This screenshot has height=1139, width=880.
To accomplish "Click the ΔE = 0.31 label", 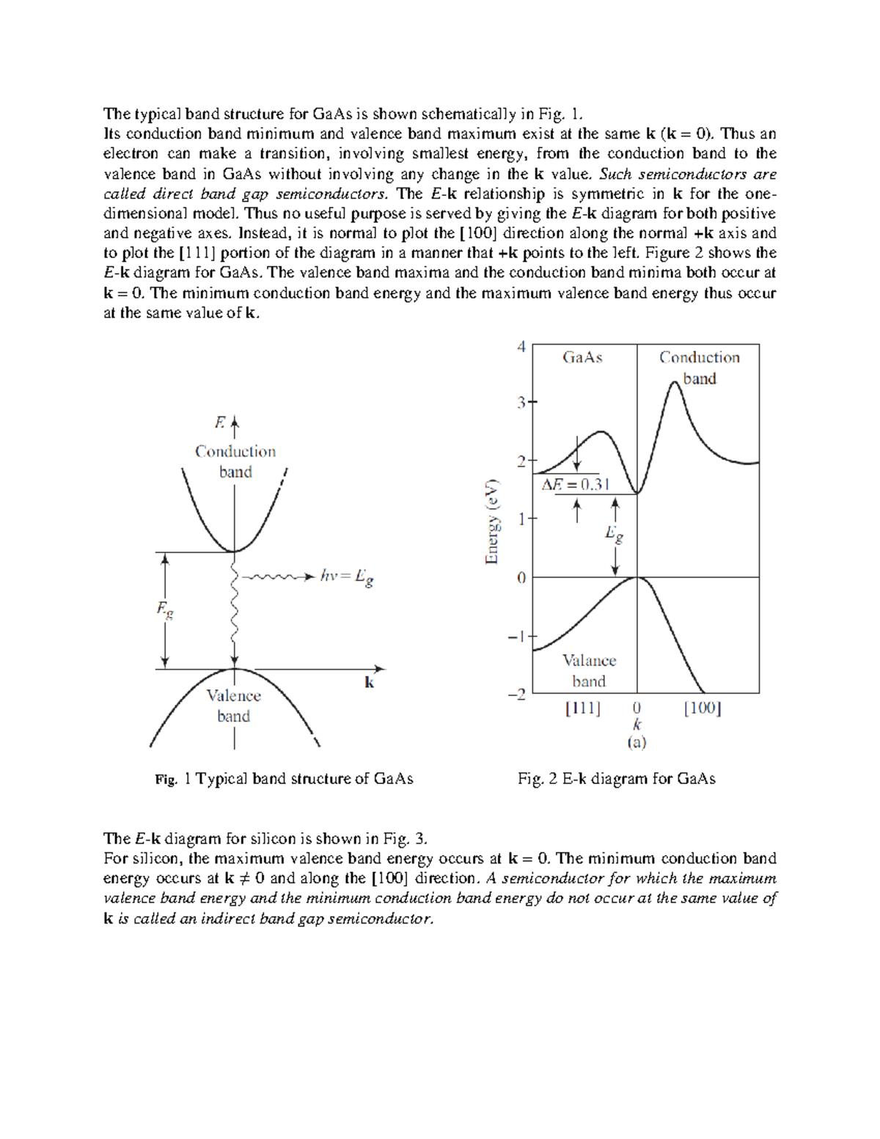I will [576, 485].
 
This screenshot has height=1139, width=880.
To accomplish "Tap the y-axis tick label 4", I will [521, 346].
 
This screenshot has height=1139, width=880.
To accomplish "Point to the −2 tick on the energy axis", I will [517, 694].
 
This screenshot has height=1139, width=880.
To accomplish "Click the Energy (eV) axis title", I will [492, 521].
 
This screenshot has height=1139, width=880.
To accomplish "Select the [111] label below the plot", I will [583, 708].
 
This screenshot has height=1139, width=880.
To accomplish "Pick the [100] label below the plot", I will [702, 708].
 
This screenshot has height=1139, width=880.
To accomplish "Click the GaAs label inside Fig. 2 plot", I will [582, 357].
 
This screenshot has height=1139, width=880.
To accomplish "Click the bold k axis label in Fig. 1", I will [370, 683].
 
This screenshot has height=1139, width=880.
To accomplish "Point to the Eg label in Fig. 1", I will [165, 609].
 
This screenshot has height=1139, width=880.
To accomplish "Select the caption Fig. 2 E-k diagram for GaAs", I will [616, 779].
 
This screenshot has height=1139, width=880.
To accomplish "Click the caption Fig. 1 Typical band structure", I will [285, 779].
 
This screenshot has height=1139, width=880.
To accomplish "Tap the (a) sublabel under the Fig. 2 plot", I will [637, 742].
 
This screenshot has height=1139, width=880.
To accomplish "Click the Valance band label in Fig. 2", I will [589, 670].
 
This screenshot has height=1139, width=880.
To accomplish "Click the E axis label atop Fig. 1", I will [219, 422].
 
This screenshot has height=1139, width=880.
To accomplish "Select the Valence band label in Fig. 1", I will [233, 706].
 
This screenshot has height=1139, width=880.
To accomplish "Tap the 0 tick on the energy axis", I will [521, 578].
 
